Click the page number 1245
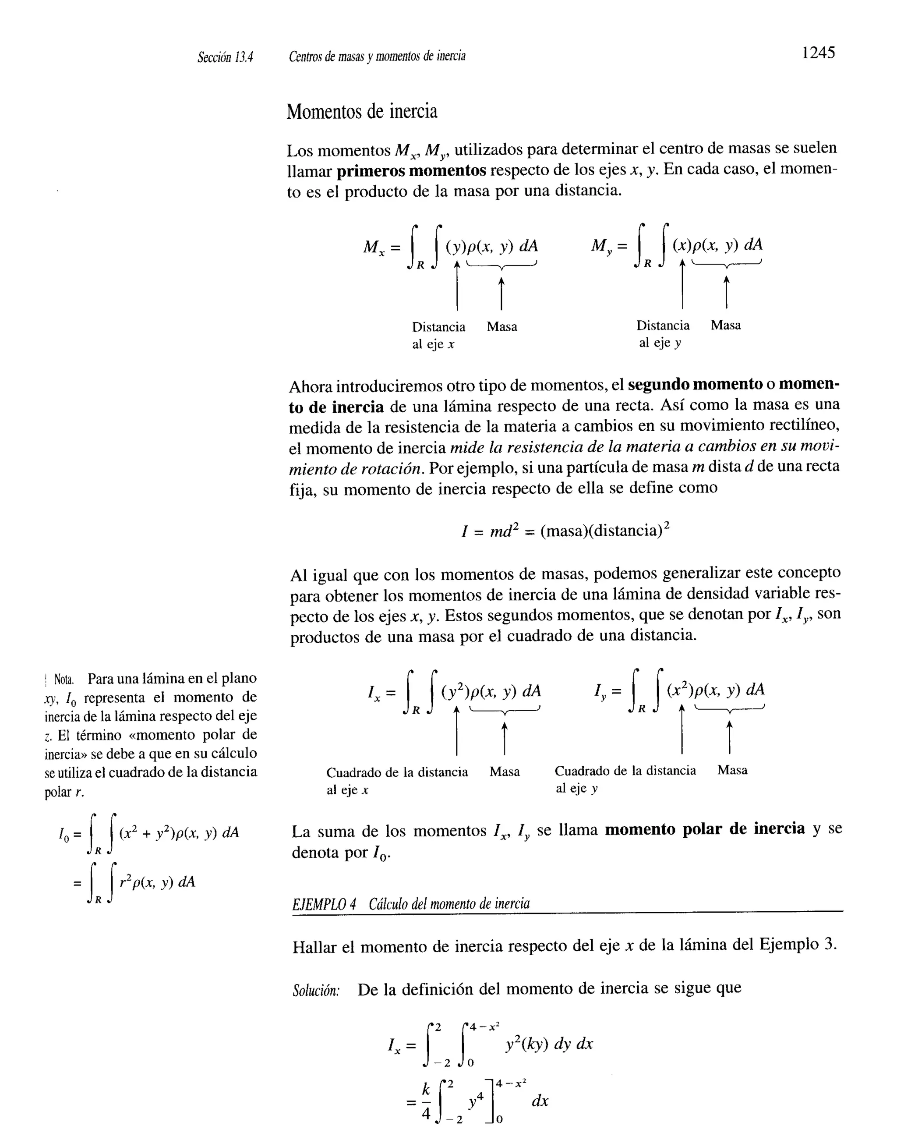point(818,53)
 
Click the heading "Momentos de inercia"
point(362,112)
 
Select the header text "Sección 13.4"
point(225,57)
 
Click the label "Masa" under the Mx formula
point(501,327)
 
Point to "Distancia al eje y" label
point(662,334)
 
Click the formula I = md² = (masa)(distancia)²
point(565,531)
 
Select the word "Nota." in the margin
point(64,679)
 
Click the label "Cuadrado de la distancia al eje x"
point(396,780)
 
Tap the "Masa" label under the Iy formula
point(732,771)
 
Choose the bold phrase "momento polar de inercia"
point(705,829)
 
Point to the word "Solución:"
point(316,991)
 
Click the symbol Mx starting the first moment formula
point(374,246)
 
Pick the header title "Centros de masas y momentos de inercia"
point(377,56)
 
